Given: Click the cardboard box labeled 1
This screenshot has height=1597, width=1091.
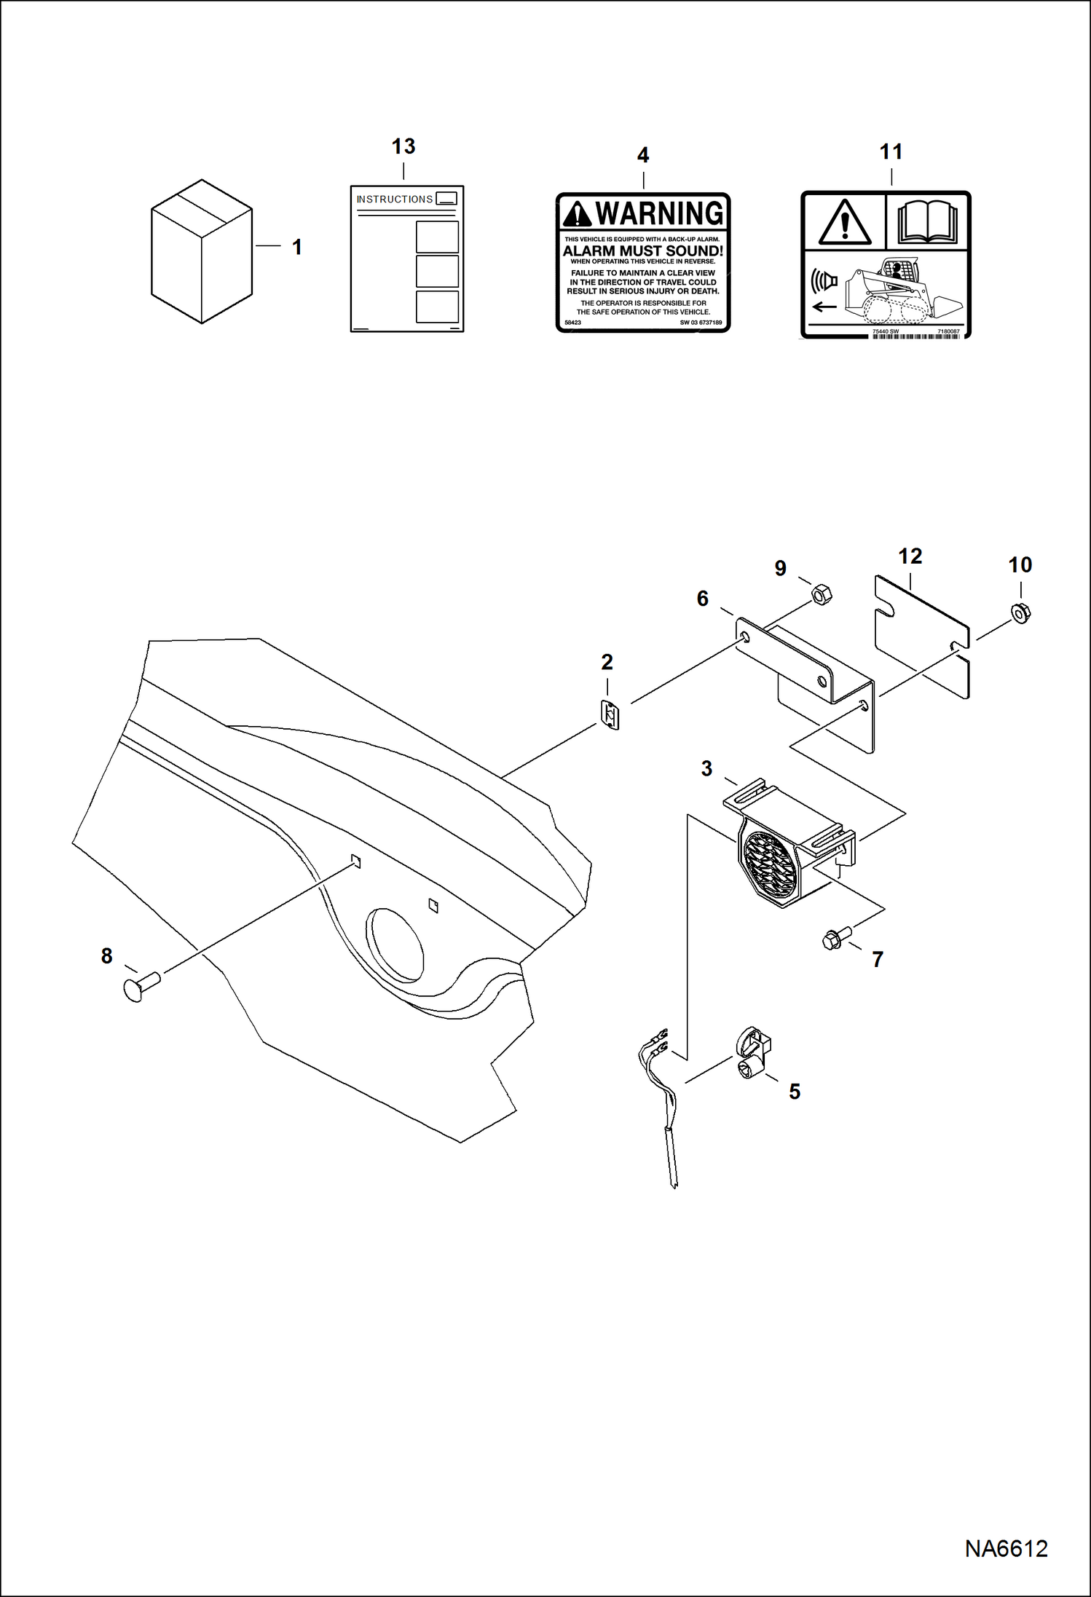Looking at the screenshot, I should (201, 251).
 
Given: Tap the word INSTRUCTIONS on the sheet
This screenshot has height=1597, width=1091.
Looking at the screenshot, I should (394, 199).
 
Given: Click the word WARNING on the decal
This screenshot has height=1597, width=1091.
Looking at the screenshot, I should (658, 213).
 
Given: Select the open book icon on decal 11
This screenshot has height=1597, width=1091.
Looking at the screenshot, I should (927, 222).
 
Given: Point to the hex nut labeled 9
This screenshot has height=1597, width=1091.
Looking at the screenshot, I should (821, 595).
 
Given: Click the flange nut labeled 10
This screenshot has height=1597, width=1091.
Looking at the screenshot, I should (1021, 613).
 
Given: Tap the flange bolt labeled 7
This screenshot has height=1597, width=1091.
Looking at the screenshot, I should (835, 938).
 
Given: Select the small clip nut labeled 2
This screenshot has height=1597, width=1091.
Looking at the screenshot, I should (610, 715).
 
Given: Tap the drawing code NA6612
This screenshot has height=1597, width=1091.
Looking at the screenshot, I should (1006, 1548).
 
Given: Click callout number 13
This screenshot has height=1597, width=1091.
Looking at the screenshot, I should (403, 146).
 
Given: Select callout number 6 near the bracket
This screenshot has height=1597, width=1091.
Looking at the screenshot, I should (702, 599).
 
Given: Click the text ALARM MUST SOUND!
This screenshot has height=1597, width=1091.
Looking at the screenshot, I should (642, 251).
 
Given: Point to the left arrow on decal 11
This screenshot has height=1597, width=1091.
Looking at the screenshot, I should (824, 307).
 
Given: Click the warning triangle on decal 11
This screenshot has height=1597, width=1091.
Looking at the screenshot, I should (844, 223).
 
